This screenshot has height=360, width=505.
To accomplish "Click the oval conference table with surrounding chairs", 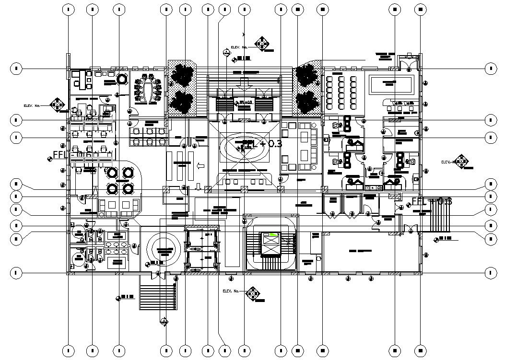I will click(148, 91).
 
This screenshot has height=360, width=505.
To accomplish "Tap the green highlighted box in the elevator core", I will click(274, 234).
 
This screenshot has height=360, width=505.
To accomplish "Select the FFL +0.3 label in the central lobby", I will click(262, 144).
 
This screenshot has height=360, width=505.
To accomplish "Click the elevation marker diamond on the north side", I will click(261, 44).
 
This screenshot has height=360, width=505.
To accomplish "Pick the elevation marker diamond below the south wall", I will click(253, 293).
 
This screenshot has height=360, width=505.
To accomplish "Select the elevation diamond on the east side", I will click(461, 161).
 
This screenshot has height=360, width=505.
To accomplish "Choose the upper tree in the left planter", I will click(183, 75).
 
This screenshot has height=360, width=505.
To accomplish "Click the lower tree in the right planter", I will click(305, 102).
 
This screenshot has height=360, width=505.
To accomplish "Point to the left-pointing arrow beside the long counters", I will click(201, 166).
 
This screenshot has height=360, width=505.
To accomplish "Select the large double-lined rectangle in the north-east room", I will click(390, 85).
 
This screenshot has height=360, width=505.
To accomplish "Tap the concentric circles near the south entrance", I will click(164, 249).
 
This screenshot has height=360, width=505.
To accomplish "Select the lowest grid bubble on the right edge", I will click(490, 273).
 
